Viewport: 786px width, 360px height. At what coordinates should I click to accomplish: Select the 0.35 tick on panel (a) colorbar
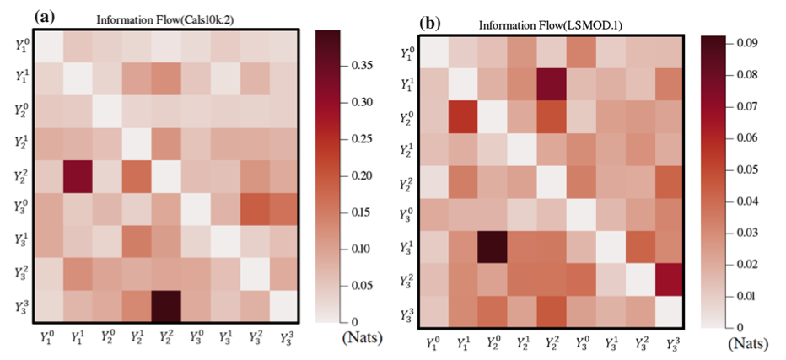point(358,64)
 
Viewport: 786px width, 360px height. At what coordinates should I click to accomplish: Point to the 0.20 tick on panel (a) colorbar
point(358,175)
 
